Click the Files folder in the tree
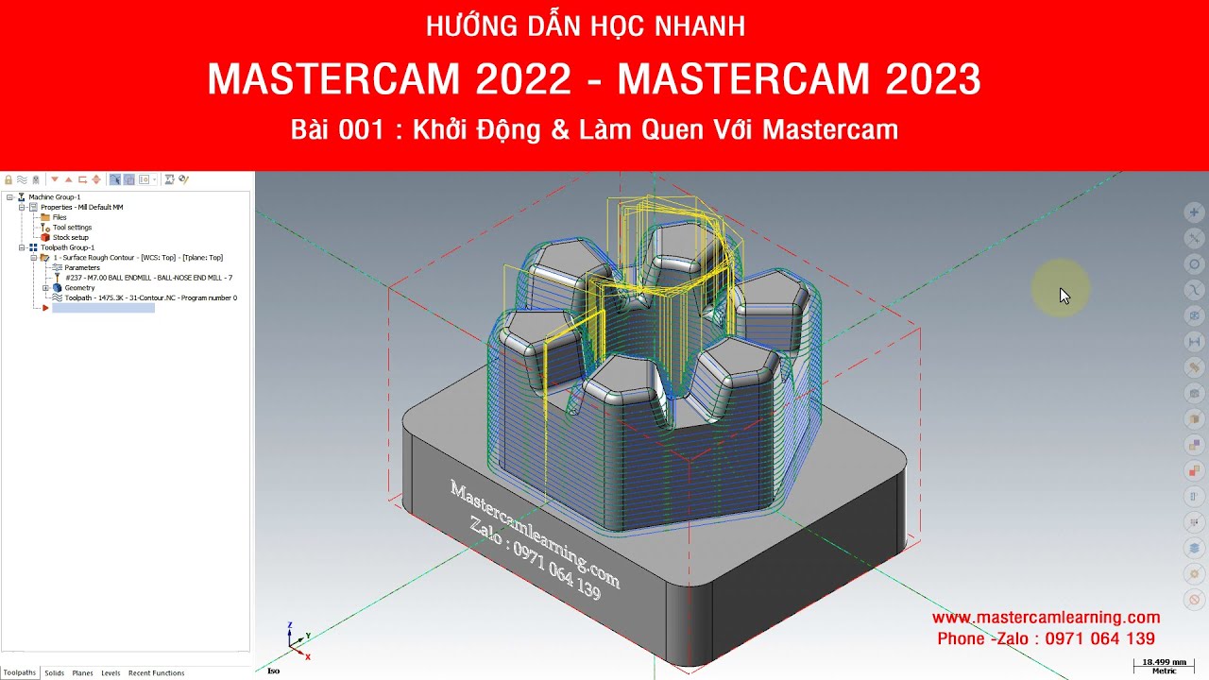(x=59, y=217)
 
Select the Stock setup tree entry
(x=70, y=237)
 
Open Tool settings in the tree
(x=72, y=228)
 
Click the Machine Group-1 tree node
(x=54, y=197)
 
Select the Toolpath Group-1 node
(x=67, y=247)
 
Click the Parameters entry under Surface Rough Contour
(x=82, y=267)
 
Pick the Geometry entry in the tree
(x=79, y=288)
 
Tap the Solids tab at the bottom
(x=54, y=673)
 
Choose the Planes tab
(x=82, y=673)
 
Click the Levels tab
(x=111, y=673)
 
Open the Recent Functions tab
(x=156, y=673)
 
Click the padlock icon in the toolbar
(x=9, y=179)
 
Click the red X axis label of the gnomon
(x=309, y=655)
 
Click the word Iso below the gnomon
(x=273, y=671)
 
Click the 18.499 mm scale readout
(x=1164, y=663)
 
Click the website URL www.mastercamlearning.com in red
(x=1046, y=618)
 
